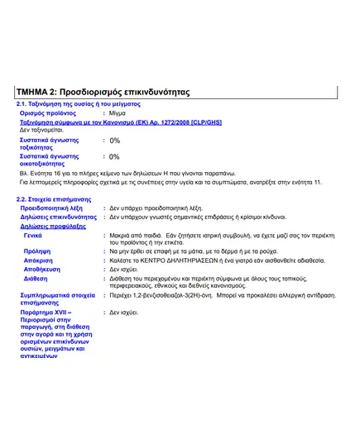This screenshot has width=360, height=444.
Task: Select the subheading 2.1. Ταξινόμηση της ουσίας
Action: pos(79,104)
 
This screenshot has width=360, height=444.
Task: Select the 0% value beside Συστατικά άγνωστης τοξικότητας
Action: pos(114,141)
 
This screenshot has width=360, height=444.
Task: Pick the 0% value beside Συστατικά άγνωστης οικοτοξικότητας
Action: pos(114,156)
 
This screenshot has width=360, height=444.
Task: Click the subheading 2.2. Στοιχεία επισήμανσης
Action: pos(54,200)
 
